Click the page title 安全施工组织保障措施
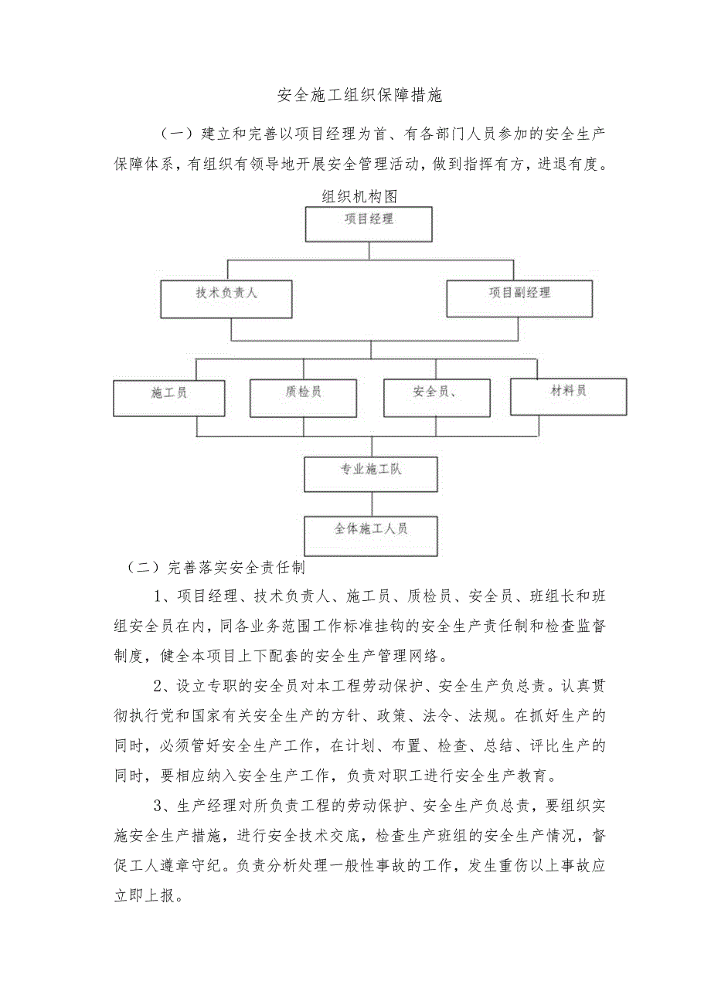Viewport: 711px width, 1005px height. click(360, 96)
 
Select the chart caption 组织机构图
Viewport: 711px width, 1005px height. click(359, 197)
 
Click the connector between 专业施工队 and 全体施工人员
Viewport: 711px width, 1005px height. click(372, 504)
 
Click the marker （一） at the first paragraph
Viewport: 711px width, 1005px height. click(175, 134)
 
